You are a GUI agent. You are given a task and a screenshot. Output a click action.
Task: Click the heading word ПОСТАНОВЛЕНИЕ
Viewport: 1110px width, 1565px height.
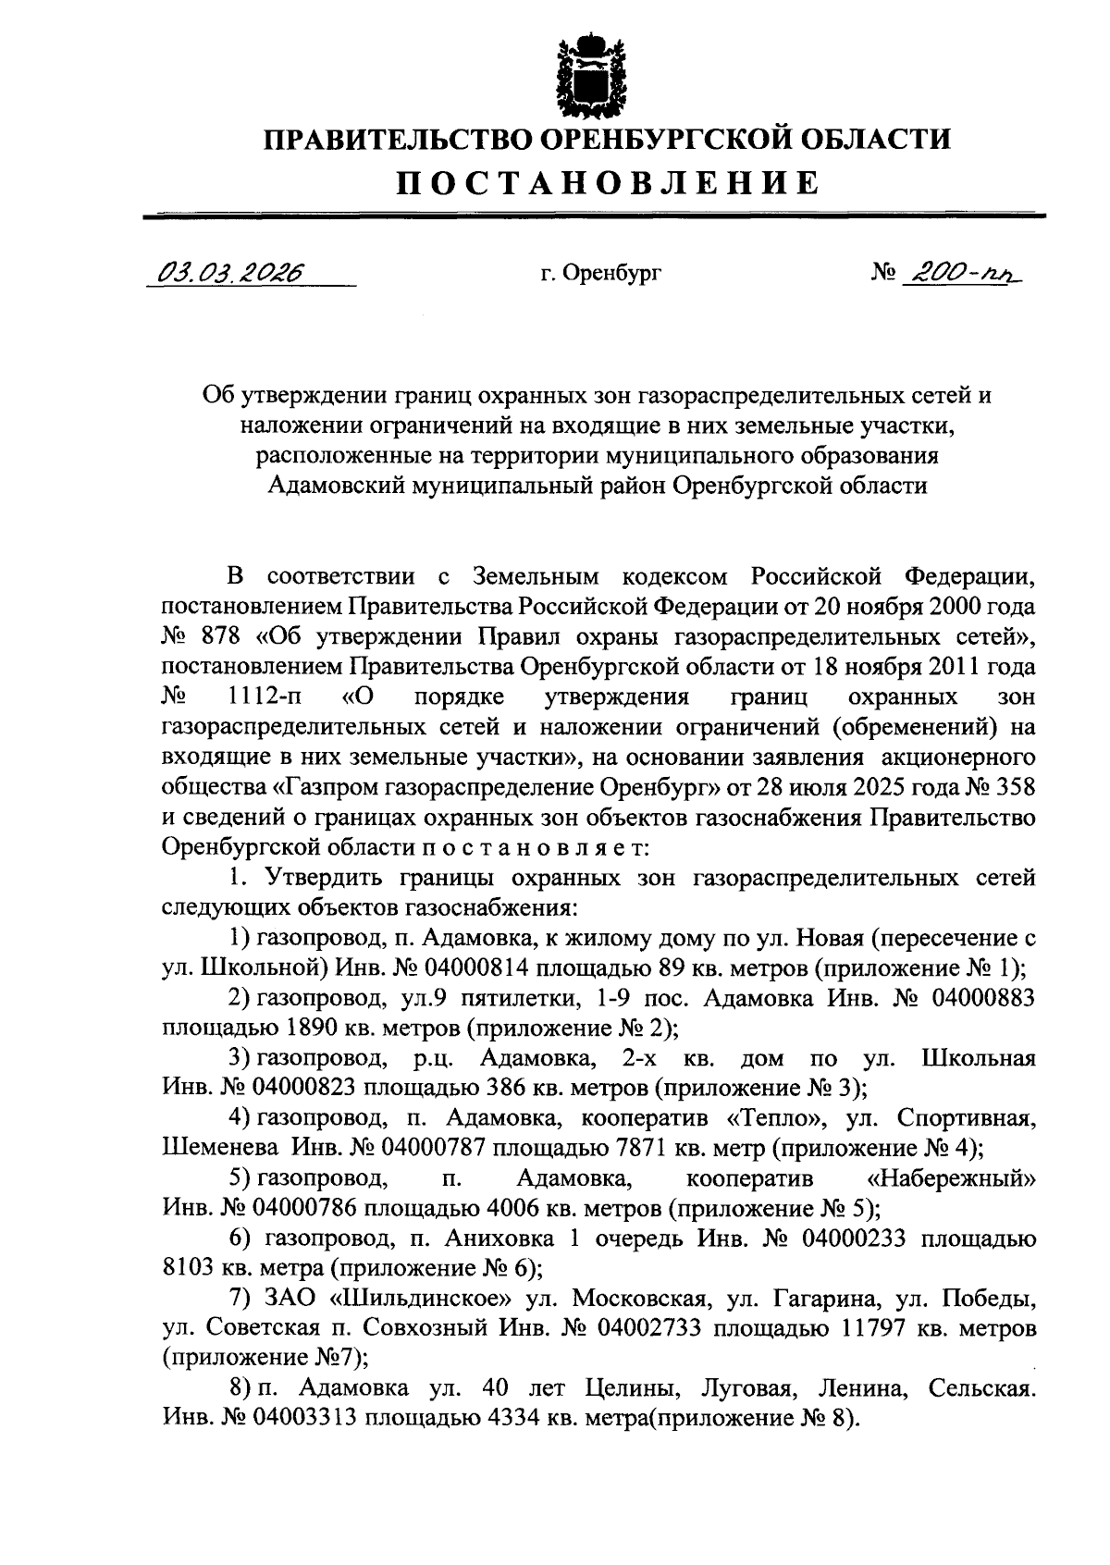coord(608,182)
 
